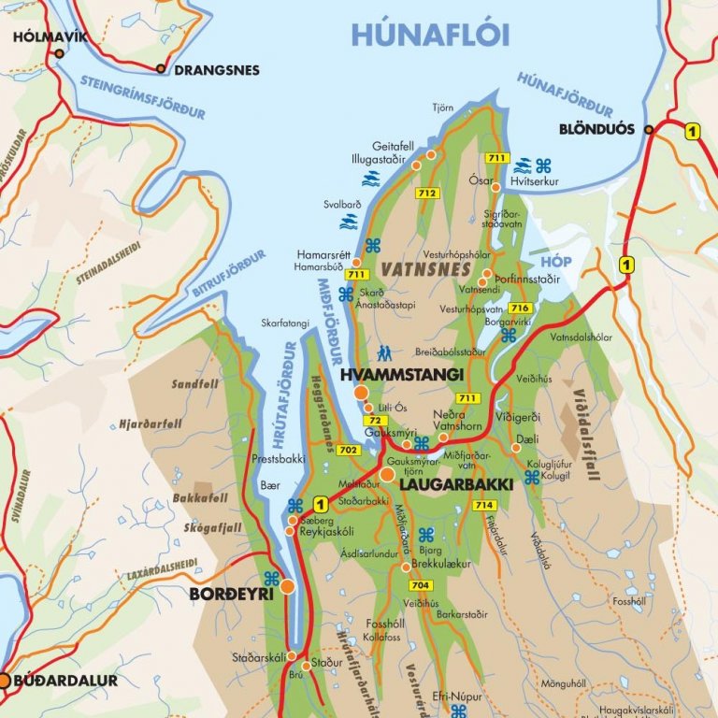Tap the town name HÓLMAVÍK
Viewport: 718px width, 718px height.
point(50,37)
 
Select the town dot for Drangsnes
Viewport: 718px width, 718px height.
point(161,68)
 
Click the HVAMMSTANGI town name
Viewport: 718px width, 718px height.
point(402,374)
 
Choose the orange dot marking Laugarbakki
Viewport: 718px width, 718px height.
point(387,475)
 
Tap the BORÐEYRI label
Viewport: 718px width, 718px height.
point(231,594)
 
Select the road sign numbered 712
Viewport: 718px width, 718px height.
point(428,194)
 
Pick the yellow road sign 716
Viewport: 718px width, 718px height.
point(521,309)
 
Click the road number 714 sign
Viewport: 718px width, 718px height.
point(483,505)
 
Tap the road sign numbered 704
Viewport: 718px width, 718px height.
point(421,585)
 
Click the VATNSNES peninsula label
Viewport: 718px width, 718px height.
point(412,268)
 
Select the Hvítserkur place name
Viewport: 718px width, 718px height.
point(534,181)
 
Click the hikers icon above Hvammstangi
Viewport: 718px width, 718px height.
point(384,353)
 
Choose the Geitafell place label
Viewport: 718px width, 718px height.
point(392,147)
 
